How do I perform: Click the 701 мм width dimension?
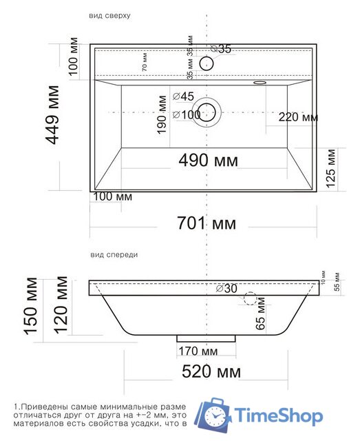point(207,223)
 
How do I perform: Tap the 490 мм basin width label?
point(208,161)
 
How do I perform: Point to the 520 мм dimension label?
point(211,372)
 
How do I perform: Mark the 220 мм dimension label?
point(298,118)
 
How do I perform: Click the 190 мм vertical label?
point(162,114)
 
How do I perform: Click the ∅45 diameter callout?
point(184,96)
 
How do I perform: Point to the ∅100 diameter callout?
point(187,114)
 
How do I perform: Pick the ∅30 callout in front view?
point(226,288)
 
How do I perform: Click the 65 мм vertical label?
point(260,318)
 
